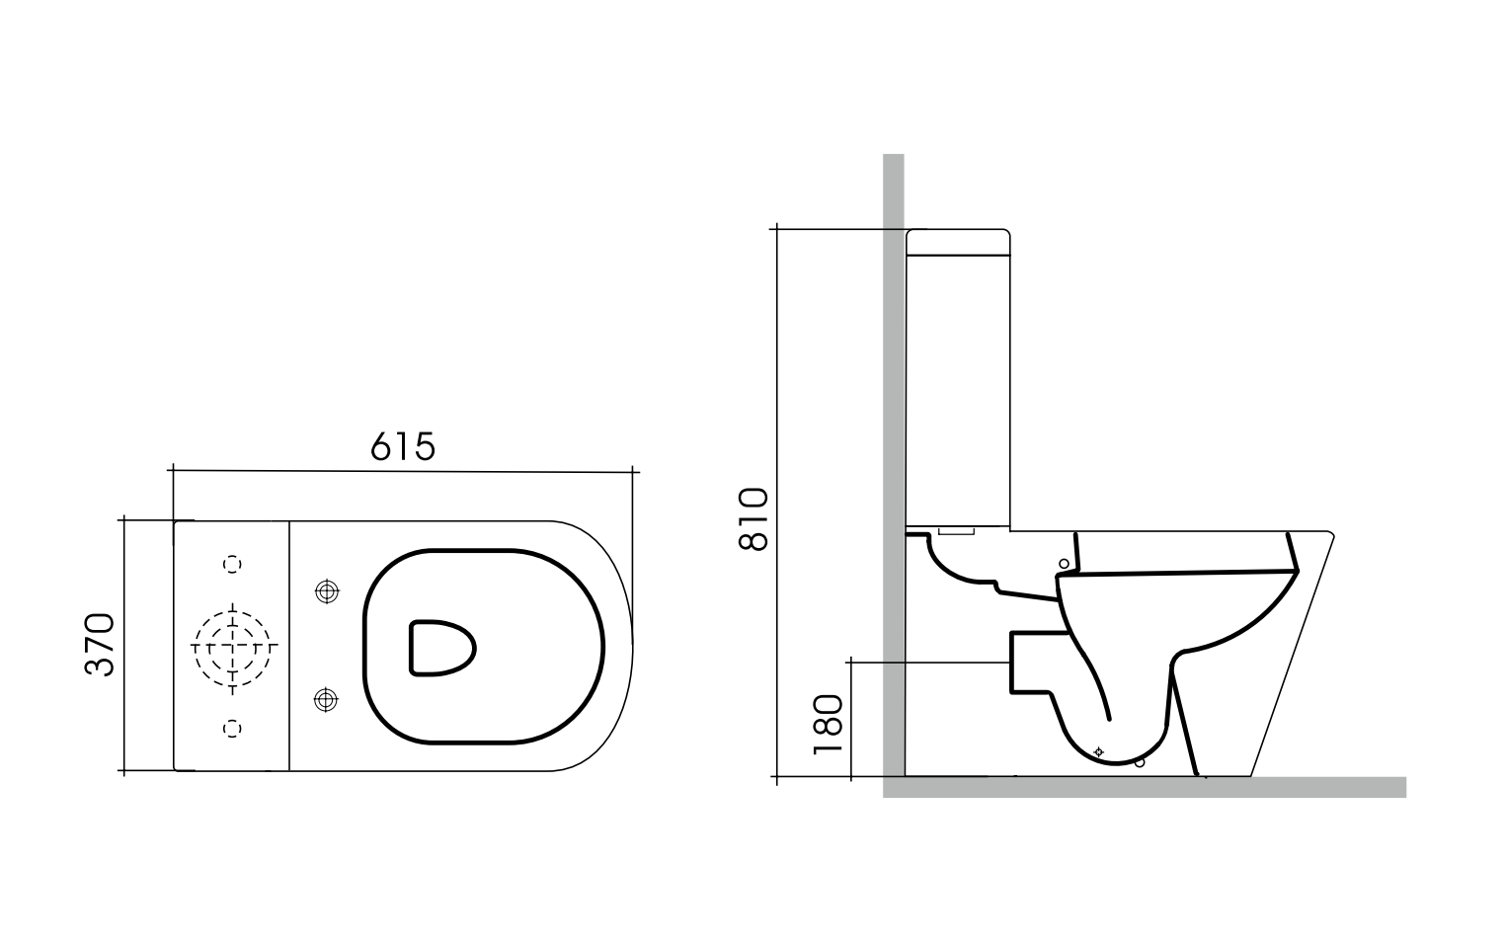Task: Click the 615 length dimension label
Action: [403, 447]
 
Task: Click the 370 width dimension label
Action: [100, 645]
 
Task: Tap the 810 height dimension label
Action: [753, 519]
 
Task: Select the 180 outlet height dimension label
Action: [828, 724]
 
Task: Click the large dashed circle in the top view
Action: [233, 647]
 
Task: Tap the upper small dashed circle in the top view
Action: [233, 564]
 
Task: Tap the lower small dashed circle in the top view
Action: [233, 728]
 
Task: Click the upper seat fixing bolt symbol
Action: [325, 591]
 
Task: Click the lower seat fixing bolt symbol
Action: [325, 700]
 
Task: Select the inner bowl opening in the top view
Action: [440, 648]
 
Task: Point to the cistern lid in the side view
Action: [958, 242]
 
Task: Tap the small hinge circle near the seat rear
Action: [1064, 564]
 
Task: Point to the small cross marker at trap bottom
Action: [1099, 751]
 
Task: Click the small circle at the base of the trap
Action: [1140, 762]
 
